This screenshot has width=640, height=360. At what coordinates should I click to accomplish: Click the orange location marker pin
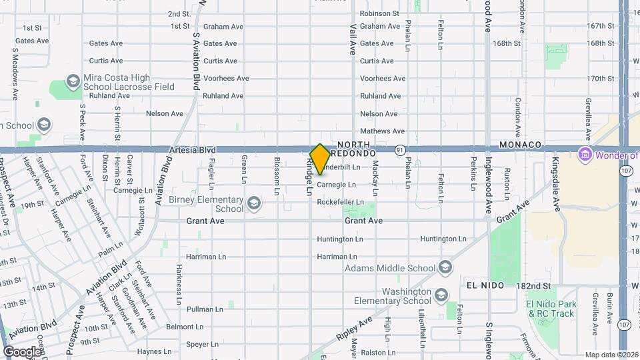320,159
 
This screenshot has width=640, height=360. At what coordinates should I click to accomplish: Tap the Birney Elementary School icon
253,203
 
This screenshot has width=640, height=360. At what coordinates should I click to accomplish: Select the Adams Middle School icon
445,268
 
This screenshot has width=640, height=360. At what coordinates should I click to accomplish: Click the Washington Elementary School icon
441,295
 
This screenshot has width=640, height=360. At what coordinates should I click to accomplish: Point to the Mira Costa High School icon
73,82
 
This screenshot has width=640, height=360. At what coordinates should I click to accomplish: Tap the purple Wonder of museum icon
585,155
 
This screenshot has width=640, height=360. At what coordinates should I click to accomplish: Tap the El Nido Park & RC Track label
550,309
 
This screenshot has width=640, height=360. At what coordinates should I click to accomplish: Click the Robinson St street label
379,13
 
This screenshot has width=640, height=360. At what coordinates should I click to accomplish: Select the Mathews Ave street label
382,131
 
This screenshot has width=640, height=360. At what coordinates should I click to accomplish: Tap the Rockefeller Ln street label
340,202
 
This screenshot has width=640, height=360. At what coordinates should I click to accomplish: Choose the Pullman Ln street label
205,309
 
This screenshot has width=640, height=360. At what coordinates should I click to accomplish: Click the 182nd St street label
534,285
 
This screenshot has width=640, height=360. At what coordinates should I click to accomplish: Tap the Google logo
22,351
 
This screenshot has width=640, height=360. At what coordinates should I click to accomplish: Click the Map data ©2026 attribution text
611,355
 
